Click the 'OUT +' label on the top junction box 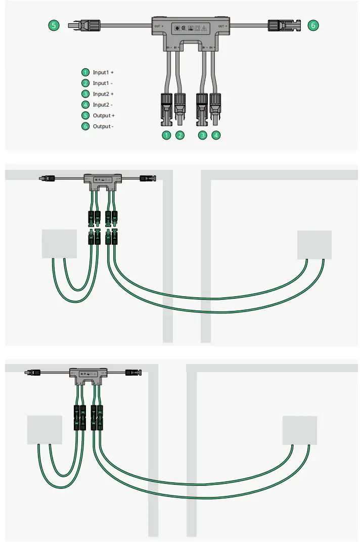coord(158,25)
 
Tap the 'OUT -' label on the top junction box coord(222,25)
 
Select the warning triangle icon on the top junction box coord(204,28)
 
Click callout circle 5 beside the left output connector coord(53,25)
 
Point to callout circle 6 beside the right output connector coord(313,25)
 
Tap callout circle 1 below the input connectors coord(166,135)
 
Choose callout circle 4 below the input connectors coord(216,135)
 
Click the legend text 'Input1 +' coord(103,73)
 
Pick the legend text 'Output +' coord(104,116)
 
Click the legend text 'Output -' coord(103,126)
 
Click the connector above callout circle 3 coord(202,108)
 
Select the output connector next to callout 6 coord(283,25)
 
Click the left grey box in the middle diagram coord(59,244)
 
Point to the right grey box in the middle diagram coord(314,245)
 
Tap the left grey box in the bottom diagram coord(44,430)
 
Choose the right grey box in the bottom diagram coord(300,430)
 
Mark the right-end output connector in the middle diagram coord(148,178)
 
